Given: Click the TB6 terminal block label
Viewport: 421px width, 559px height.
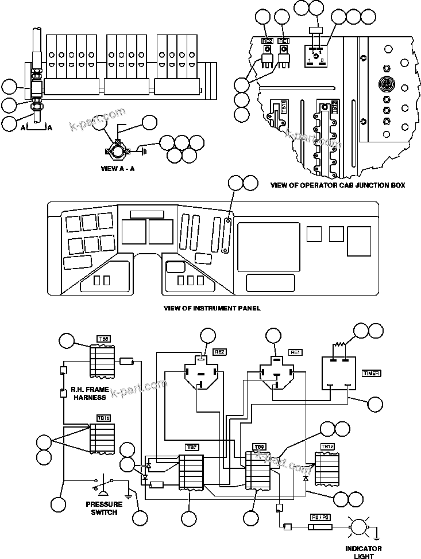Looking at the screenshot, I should coord(104,339).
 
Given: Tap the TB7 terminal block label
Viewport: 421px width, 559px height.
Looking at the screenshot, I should coord(191,447).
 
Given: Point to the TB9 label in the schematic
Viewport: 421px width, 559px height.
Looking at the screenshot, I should coord(258,446).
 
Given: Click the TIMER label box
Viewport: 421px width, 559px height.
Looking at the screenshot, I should coord(371,372).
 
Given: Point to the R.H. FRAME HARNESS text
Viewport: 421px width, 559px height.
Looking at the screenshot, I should coord(88,393).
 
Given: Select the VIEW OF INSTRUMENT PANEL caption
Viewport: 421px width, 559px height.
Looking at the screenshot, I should coord(212,308).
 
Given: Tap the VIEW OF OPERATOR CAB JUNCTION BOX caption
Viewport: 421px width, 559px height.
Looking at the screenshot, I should coord(338,185).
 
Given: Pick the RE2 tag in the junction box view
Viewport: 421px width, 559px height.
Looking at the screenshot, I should coord(268,41).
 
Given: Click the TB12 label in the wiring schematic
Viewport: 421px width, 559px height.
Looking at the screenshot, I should coord(327,447).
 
